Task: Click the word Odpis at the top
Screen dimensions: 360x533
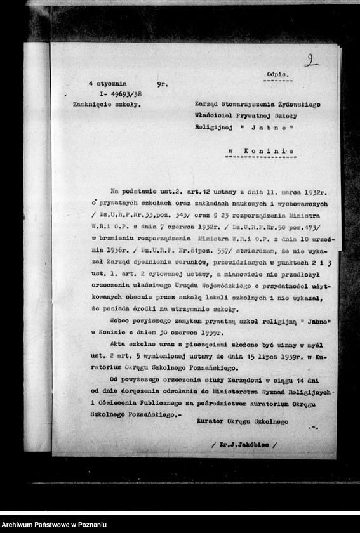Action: click(x=278, y=74)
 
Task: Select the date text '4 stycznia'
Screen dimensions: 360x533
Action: click(x=107, y=84)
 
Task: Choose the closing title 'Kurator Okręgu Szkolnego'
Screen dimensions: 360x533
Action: click(x=242, y=421)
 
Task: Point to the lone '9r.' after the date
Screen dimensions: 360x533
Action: click(x=162, y=84)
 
